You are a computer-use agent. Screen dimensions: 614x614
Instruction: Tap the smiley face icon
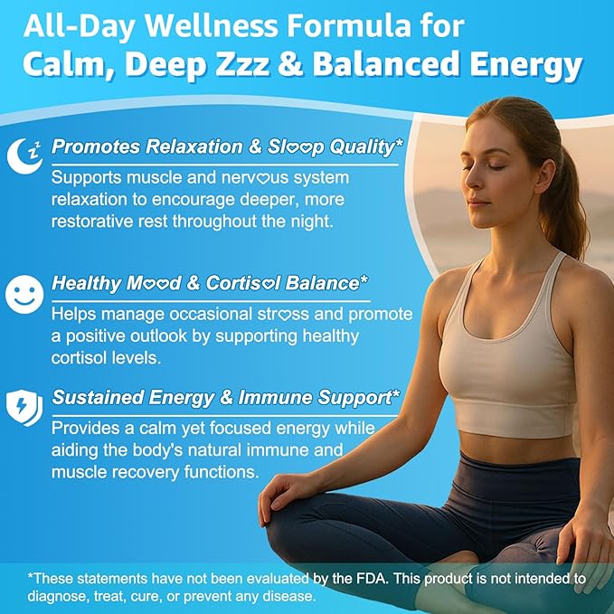24,294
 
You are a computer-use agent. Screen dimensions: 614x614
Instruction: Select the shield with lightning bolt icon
24,407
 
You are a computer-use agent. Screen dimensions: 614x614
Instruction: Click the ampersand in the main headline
290,63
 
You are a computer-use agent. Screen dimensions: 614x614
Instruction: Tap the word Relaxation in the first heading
194,146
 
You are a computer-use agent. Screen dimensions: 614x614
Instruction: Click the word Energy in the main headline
526,65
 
